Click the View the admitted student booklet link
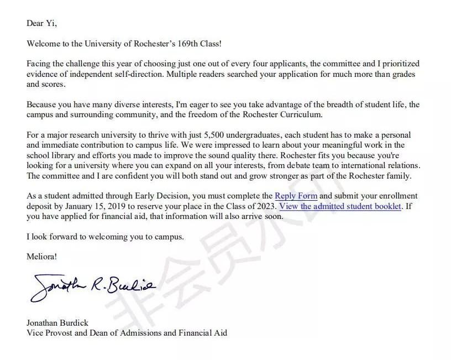(x=340, y=206)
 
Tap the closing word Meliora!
(x=41, y=257)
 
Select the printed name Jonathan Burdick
(x=57, y=323)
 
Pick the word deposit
(x=40, y=206)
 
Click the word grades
(x=403, y=75)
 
